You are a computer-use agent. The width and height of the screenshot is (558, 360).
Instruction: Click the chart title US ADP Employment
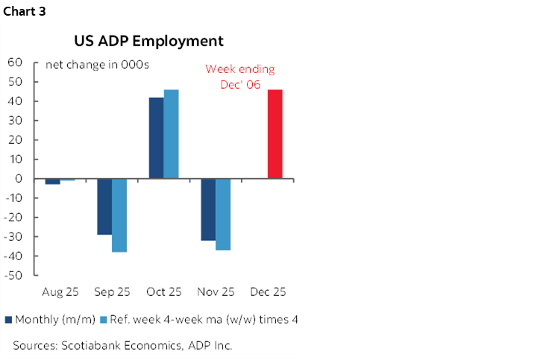[x=148, y=40]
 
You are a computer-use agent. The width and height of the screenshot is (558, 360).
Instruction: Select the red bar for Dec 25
[x=275, y=134]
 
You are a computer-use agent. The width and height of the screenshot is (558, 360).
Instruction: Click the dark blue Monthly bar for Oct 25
[x=157, y=138]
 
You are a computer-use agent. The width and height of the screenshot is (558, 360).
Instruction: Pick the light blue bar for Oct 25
[x=171, y=134]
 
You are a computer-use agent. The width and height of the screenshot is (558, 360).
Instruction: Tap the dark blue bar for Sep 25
[x=104, y=206]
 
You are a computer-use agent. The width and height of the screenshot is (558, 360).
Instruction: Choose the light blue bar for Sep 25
[x=119, y=215]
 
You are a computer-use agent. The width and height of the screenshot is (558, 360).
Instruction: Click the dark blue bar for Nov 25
[x=208, y=209]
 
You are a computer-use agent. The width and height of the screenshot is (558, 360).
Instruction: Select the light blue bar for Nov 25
[x=223, y=215]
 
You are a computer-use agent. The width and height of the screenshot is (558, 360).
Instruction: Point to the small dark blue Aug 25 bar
[x=53, y=181]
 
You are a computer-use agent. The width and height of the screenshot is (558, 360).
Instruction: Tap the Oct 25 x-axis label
[x=163, y=292]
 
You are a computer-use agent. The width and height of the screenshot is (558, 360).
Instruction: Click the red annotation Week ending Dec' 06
[x=239, y=78]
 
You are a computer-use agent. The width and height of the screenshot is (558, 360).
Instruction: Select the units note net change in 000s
[x=97, y=64]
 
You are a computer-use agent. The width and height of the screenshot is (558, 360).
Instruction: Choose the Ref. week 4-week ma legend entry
[x=203, y=320]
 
